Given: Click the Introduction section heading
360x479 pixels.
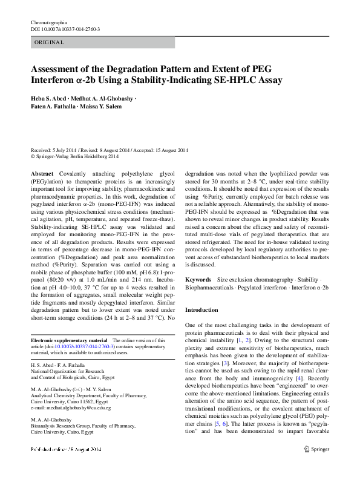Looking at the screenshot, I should (201, 309).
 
